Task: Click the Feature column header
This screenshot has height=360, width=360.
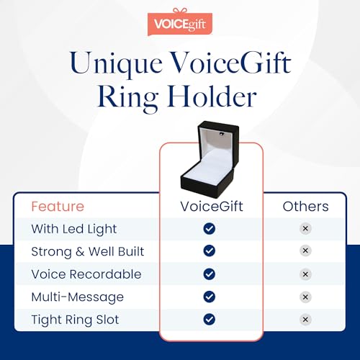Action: [57, 207]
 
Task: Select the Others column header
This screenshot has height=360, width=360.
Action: [305, 207]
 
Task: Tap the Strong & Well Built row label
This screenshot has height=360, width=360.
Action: [87, 251]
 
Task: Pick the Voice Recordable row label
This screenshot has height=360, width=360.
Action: [86, 274]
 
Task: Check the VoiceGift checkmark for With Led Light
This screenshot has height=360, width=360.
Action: [210, 228]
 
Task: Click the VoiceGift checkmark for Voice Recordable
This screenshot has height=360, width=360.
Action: [210, 274]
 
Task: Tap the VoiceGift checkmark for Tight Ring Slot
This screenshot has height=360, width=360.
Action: [210, 319]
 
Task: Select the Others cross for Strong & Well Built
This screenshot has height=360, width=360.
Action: [305, 251]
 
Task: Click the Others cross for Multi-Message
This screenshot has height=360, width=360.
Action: [305, 297]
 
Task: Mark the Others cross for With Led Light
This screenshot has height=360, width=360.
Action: [305, 228]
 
